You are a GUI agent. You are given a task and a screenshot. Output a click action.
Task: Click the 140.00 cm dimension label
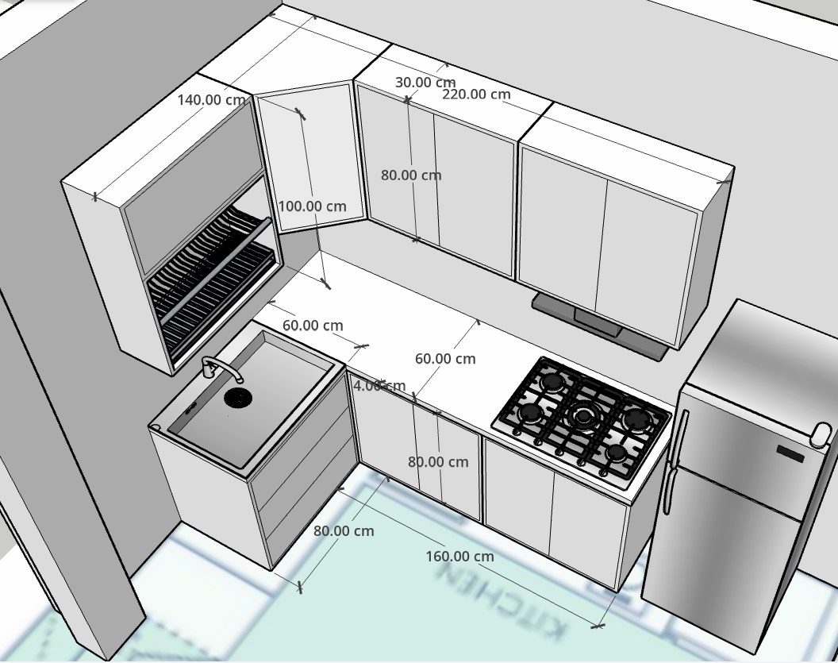pos(211,100)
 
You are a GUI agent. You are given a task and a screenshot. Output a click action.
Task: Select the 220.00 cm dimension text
pos(476,94)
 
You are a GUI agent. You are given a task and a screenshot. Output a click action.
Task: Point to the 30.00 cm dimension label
pos(425,82)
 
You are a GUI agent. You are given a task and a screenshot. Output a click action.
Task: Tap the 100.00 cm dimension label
pos(312,206)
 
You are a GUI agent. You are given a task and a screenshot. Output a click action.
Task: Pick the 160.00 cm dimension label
pos(459,556)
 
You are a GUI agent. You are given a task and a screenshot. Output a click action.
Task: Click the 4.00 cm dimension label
pos(379,386)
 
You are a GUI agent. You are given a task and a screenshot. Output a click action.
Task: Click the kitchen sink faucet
pos(217,369)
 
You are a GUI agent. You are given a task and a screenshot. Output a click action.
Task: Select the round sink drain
pos(236,397)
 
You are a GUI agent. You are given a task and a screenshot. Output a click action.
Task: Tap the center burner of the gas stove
pos(585,414)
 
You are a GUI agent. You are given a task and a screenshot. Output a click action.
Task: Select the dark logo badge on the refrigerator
pos(790,454)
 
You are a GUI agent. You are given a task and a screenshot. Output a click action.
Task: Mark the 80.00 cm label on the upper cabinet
pos(410,175)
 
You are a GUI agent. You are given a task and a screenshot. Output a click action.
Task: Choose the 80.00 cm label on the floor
pos(344,530)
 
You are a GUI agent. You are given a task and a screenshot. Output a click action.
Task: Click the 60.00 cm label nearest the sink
pos(313,326)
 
